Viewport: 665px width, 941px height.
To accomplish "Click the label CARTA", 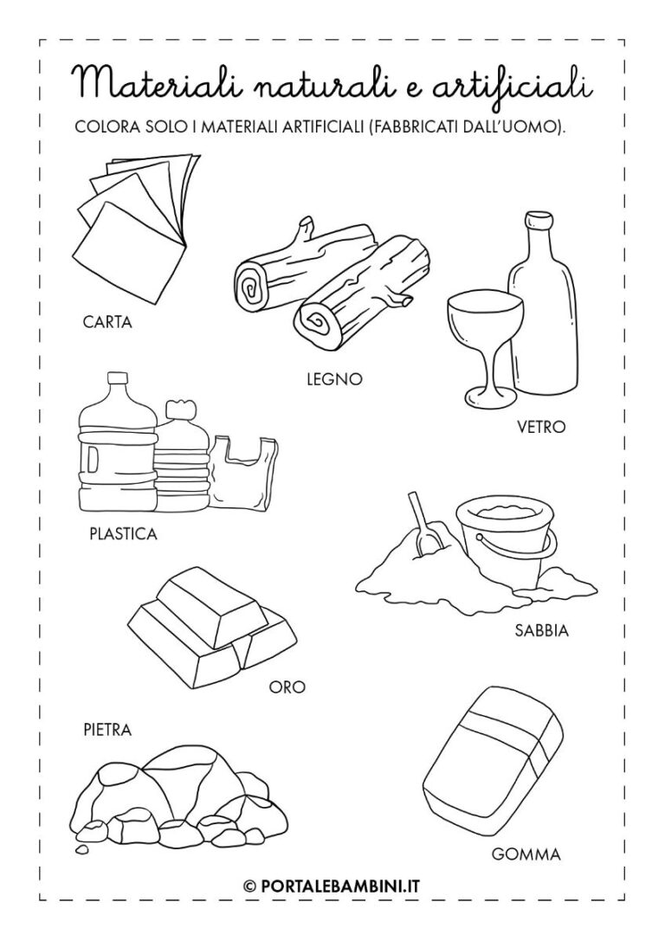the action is coord(107,322).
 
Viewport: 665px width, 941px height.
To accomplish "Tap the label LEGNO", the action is coord(335,378).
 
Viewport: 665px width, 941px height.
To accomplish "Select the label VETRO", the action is coord(541,427).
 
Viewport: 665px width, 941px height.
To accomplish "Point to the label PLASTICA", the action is coord(123,533).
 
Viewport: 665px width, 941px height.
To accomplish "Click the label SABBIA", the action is coord(541,631).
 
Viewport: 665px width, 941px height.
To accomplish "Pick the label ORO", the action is coord(287,687).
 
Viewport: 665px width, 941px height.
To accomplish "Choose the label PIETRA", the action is coord(107,731).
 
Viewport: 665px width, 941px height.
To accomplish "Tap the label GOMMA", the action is coord(526,854).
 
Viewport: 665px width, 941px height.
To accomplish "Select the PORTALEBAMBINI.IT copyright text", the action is coord(332,886).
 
